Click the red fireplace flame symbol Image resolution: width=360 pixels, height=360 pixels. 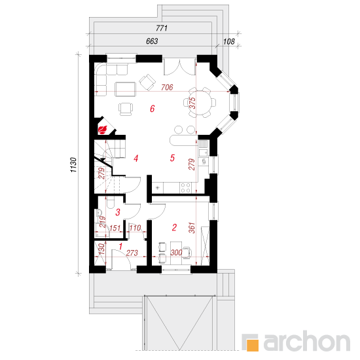(x=102, y=130)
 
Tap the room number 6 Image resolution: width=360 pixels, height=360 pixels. (x=153, y=109)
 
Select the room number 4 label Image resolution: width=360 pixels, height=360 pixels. (x=136, y=158)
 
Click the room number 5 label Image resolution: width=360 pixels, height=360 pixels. (x=172, y=158)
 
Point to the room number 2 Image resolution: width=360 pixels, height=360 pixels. (x=174, y=227)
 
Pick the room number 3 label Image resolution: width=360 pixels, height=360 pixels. (x=118, y=212)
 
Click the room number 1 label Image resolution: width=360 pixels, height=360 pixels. (x=120, y=247)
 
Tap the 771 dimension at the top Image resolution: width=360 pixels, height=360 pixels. (x=162, y=28)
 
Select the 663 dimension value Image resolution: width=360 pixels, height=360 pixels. (x=152, y=41)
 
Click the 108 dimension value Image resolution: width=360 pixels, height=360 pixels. (x=229, y=41)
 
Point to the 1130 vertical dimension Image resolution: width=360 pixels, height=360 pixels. (x=73, y=165)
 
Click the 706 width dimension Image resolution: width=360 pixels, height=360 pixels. (x=167, y=87)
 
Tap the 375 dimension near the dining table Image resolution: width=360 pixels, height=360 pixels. (x=192, y=103)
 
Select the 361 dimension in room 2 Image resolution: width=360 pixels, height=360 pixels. (x=192, y=228)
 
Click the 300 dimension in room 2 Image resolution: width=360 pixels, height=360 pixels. (x=176, y=253)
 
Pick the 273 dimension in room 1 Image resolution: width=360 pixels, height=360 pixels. (x=132, y=253)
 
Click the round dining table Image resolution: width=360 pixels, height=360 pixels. (x=199, y=102)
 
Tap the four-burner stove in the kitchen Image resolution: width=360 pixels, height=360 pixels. (x=185, y=187)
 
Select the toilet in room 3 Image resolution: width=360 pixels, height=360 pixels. (x=110, y=202)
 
